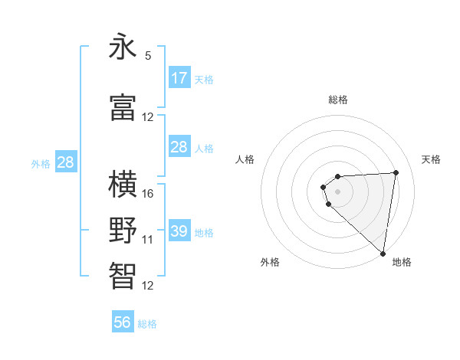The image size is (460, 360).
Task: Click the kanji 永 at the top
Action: (x=123, y=47)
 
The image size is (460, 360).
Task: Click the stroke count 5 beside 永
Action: (x=148, y=56)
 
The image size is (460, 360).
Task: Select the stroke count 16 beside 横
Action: (x=148, y=194)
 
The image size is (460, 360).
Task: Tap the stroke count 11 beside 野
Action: (x=148, y=240)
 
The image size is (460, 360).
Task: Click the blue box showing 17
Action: (x=179, y=78)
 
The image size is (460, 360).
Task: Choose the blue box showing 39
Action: (x=179, y=231)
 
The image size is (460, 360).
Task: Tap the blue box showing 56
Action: (x=123, y=322)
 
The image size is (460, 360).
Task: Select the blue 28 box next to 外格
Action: (x=65, y=162)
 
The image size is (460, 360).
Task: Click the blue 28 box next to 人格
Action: (x=179, y=147)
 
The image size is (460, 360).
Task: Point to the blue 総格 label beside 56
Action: (x=147, y=324)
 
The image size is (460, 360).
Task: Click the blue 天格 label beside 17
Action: (x=204, y=79)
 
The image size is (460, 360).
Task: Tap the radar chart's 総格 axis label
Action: (x=338, y=100)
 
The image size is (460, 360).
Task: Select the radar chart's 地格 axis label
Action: (x=402, y=262)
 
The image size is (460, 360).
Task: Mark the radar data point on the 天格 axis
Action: (x=396, y=172)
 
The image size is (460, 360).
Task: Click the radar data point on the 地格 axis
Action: (x=383, y=253)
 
